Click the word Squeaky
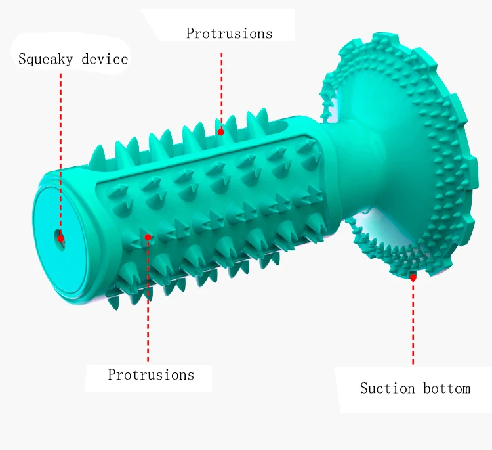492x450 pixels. (45, 59)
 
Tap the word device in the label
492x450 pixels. (105, 58)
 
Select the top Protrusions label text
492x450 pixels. (229, 34)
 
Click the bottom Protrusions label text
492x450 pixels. (151, 374)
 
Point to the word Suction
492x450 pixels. (387, 388)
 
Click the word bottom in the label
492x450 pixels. (447, 388)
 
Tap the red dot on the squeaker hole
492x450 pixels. (61, 238)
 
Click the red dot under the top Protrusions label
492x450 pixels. (221, 132)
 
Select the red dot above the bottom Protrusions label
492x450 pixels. (148, 237)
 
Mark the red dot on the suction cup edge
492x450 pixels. (413, 277)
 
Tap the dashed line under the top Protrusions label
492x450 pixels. (221, 91)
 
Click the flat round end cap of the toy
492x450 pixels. (60, 240)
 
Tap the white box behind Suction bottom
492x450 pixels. (414, 390)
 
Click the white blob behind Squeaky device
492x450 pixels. (71, 53)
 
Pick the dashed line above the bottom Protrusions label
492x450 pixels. (148, 301)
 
